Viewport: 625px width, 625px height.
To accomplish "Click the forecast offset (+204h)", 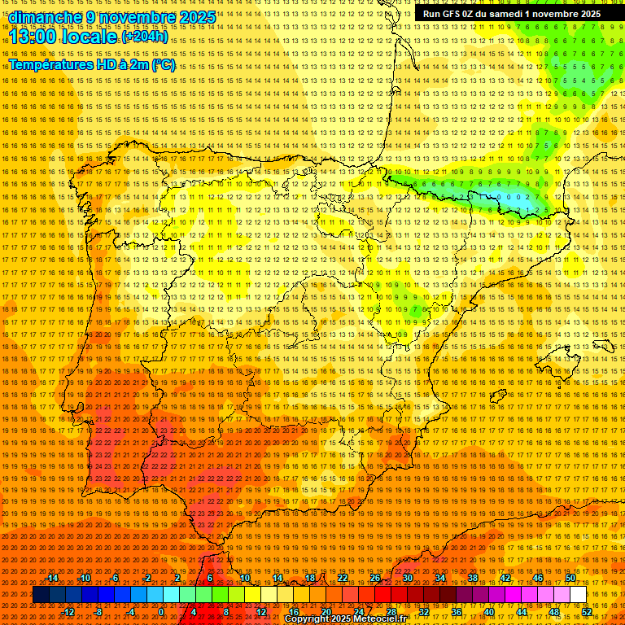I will click(x=144, y=37).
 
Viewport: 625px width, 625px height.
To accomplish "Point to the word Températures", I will click(x=54, y=65).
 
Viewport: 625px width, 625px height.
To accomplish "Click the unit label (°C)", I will click(x=163, y=65).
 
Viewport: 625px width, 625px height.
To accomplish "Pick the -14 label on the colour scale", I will click(x=52, y=578).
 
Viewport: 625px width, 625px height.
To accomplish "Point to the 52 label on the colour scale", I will click(x=586, y=612).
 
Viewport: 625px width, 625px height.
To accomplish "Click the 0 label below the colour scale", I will click(x=161, y=612).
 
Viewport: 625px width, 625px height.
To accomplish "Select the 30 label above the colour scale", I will click(x=407, y=578).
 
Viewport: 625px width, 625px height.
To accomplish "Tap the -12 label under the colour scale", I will click(x=68, y=612).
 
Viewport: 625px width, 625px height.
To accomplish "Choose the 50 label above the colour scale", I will click(x=570, y=578).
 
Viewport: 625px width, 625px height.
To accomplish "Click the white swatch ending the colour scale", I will click(x=578, y=595).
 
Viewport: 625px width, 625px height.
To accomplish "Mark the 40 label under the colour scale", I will click(x=488, y=612).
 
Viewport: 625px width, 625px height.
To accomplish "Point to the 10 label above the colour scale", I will click(x=244, y=578).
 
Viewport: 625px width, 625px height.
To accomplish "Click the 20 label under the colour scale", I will click(x=326, y=612).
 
